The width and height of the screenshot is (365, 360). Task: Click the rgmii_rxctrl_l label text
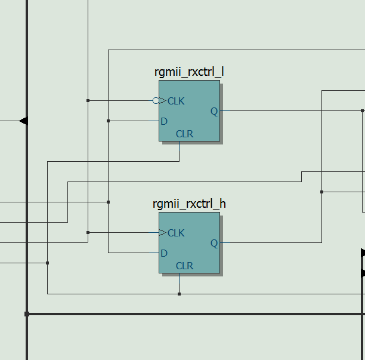[189, 72]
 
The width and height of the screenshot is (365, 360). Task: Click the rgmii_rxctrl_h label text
[189, 204]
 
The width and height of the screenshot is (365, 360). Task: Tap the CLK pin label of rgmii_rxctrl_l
[176, 101]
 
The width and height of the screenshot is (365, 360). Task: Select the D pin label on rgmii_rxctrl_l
[164, 121]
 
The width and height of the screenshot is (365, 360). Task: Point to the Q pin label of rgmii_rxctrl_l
[214, 111]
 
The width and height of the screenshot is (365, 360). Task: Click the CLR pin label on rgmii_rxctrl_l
[184, 134]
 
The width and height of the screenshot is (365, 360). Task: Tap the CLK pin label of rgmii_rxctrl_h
[176, 233]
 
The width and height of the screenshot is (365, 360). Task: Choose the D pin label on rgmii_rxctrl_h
[164, 253]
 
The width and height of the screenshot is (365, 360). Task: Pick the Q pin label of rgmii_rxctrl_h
[214, 243]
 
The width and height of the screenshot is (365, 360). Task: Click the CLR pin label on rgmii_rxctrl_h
[184, 266]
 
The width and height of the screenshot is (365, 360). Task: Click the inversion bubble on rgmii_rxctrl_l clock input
[156, 100]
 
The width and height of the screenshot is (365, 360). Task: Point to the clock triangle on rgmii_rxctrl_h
[163, 233]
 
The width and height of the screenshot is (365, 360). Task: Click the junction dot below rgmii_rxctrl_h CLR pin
[179, 294]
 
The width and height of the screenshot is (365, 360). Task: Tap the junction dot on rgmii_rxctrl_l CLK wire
[88, 100]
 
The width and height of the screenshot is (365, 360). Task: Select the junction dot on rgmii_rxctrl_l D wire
[108, 121]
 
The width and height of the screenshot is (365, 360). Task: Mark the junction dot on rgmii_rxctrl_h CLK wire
[88, 232]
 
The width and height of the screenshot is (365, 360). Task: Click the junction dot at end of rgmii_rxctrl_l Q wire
[362, 110]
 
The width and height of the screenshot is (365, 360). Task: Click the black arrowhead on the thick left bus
[23, 121]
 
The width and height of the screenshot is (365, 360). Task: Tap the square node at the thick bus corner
[27, 313]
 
